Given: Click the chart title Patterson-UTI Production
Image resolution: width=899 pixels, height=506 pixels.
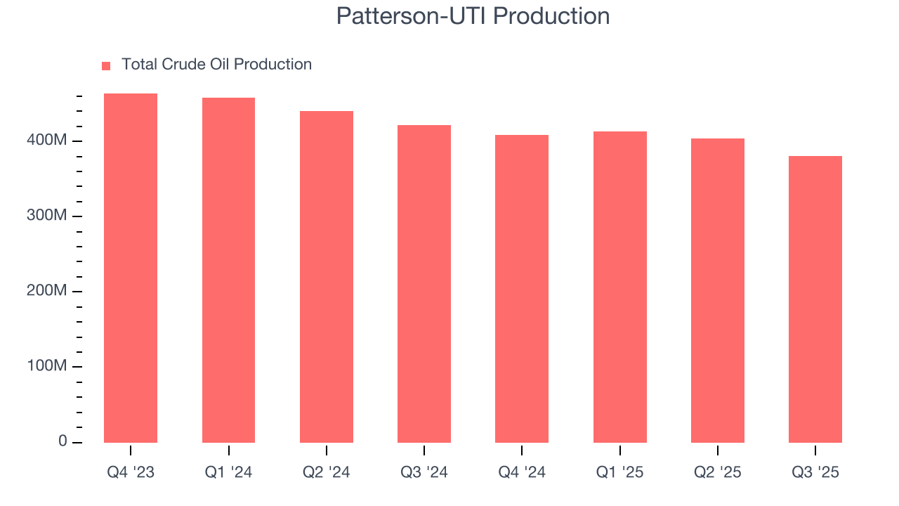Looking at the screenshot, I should (473, 16).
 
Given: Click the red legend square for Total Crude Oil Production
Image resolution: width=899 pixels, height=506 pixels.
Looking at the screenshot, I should (106, 65).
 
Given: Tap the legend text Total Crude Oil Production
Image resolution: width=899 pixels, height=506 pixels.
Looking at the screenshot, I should (216, 65).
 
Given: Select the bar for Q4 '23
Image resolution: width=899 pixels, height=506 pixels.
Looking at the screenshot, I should (131, 268).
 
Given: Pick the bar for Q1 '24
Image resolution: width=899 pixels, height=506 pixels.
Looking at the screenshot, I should (228, 270).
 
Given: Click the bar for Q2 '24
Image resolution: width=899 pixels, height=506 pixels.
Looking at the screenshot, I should (327, 277).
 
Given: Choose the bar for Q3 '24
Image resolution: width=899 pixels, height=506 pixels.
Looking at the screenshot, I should (424, 284).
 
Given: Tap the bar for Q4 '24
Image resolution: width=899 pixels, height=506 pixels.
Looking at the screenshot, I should (522, 289).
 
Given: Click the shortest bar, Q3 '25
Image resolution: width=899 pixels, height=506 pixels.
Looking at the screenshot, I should (815, 299).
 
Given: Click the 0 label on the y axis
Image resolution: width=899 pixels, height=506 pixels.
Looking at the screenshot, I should (63, 441).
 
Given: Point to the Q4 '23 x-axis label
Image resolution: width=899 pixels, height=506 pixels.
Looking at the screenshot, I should (131, 473).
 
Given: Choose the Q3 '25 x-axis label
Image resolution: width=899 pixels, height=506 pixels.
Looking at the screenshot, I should (815, 473).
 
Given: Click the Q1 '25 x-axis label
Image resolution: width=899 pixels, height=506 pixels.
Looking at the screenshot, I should (620, 473).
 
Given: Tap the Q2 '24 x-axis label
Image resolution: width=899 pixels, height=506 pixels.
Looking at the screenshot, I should (327, 473).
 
